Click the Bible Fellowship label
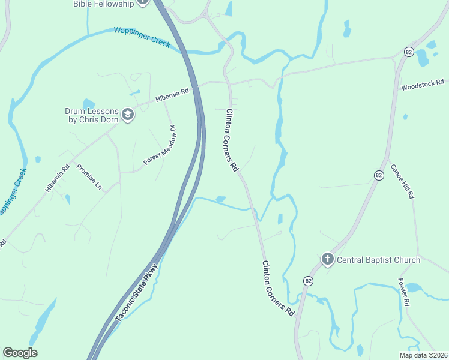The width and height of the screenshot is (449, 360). [x=104, y=4]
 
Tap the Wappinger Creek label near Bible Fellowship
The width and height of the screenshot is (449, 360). [x=142, y=37]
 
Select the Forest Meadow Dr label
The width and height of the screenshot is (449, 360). [x=159, y=146]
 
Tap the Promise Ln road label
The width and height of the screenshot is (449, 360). [x=89, y=178]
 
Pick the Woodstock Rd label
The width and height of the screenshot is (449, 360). [x=423, y=85]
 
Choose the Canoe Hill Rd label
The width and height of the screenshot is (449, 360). [x=402, y=181]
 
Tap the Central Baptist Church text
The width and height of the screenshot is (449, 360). [x=378, y=260]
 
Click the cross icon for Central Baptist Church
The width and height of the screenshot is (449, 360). [x=327, y=260]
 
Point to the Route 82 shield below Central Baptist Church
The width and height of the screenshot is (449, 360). [x=308, y=280]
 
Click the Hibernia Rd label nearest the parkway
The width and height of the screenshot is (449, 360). [x=172, y=95]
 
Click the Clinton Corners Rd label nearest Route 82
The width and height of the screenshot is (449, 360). [x=277, y=288]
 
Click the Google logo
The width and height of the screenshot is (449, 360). [x=20, y=353]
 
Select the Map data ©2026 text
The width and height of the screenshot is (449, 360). [x=423, y=355]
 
